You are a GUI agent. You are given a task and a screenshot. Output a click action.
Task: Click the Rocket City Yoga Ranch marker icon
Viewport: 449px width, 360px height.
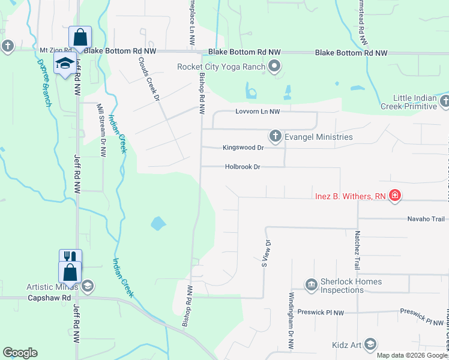(275, 67)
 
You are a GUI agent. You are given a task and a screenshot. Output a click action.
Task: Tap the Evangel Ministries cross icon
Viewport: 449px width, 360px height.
(275, 137)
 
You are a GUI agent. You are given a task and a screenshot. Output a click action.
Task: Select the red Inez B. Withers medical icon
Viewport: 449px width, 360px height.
(395, 196)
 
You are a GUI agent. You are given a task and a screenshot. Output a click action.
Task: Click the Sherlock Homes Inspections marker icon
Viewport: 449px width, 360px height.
(311, 284)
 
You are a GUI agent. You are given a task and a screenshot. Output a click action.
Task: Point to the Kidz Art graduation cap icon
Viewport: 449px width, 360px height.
(370, 344)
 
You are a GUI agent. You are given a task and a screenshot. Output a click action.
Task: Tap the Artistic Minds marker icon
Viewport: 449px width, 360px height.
(88, 285)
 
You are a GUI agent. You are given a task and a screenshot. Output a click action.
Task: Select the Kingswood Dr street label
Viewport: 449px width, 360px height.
(243, 147)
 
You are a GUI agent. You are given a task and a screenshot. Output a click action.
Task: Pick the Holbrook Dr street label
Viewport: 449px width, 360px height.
(243, 167)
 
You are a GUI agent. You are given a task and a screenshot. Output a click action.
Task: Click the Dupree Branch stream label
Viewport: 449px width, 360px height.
(44, 83)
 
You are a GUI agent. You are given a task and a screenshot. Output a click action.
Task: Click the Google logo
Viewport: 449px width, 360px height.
(20, 353)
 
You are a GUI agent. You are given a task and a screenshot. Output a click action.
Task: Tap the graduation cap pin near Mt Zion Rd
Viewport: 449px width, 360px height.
(64, 62)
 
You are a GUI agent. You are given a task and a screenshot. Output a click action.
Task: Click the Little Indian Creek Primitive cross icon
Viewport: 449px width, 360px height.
(444, 101)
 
